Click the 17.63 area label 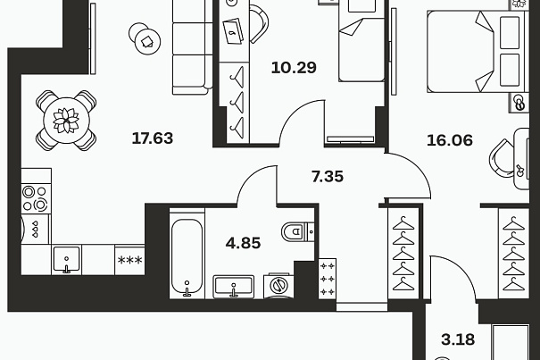[x=153, y=138]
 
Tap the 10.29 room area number [x=294, y=68]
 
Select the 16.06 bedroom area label [x=450, y=140]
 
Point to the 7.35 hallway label [x=328, y=177]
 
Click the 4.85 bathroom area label [x=243, y=243]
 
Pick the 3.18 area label [x=458, y=339]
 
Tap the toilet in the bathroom [x=297, y=232]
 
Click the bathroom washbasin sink [x=234, y=287]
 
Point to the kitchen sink [x=66, y=260]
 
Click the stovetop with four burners [x=36, y=198]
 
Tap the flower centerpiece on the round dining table [x=66, y=121]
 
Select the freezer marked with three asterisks [x=129, y=260]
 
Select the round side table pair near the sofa [x=145, y=38]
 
